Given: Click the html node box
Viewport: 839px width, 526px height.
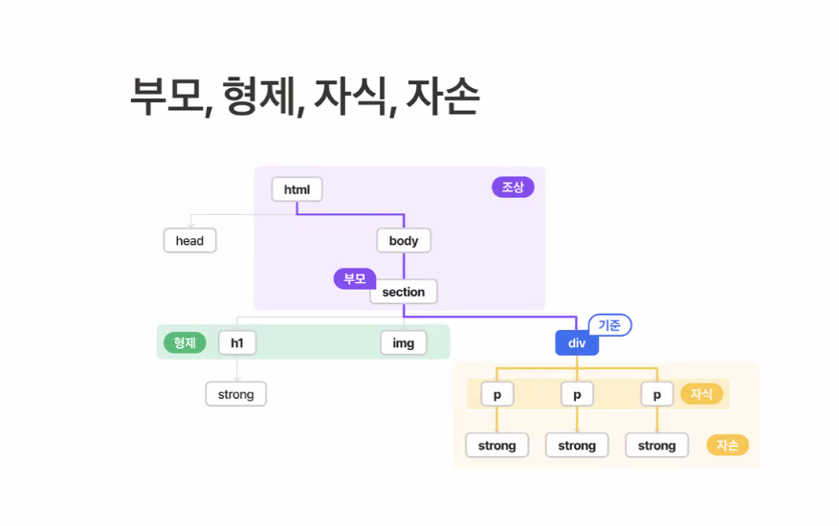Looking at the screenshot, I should coord(297,189).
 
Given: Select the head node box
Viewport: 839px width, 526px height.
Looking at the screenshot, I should coord(189,241).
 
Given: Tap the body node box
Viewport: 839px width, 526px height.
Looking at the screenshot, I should coord(404,241).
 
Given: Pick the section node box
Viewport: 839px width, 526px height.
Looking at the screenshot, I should coord(404,292).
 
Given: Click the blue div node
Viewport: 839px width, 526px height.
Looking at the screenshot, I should coord(577,343).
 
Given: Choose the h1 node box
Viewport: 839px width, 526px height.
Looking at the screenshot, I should coord(237,343).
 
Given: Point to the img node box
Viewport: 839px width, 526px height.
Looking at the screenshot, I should coord(404,343).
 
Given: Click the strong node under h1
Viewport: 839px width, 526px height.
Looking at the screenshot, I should coord(236,394).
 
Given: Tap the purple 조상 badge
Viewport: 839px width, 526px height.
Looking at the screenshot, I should coord(513,187).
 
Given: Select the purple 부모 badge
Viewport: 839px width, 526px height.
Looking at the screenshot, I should coord(354,278).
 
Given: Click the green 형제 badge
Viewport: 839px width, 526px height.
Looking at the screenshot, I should coord(185,342).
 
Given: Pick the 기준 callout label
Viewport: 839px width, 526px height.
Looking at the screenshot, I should coord(609,325).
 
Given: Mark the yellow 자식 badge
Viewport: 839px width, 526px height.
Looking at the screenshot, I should coord(701,394).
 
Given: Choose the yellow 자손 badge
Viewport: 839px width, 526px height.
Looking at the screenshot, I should coord(727,445).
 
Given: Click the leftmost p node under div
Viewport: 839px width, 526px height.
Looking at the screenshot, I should coord(497,394).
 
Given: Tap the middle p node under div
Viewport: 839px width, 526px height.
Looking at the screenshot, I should coord(577,394).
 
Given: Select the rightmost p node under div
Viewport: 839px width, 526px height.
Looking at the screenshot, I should coord(657,394).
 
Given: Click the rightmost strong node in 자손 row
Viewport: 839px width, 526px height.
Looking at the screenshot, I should coord(657,446).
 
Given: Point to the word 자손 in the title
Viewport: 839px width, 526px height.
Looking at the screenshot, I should coord(442,96).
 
